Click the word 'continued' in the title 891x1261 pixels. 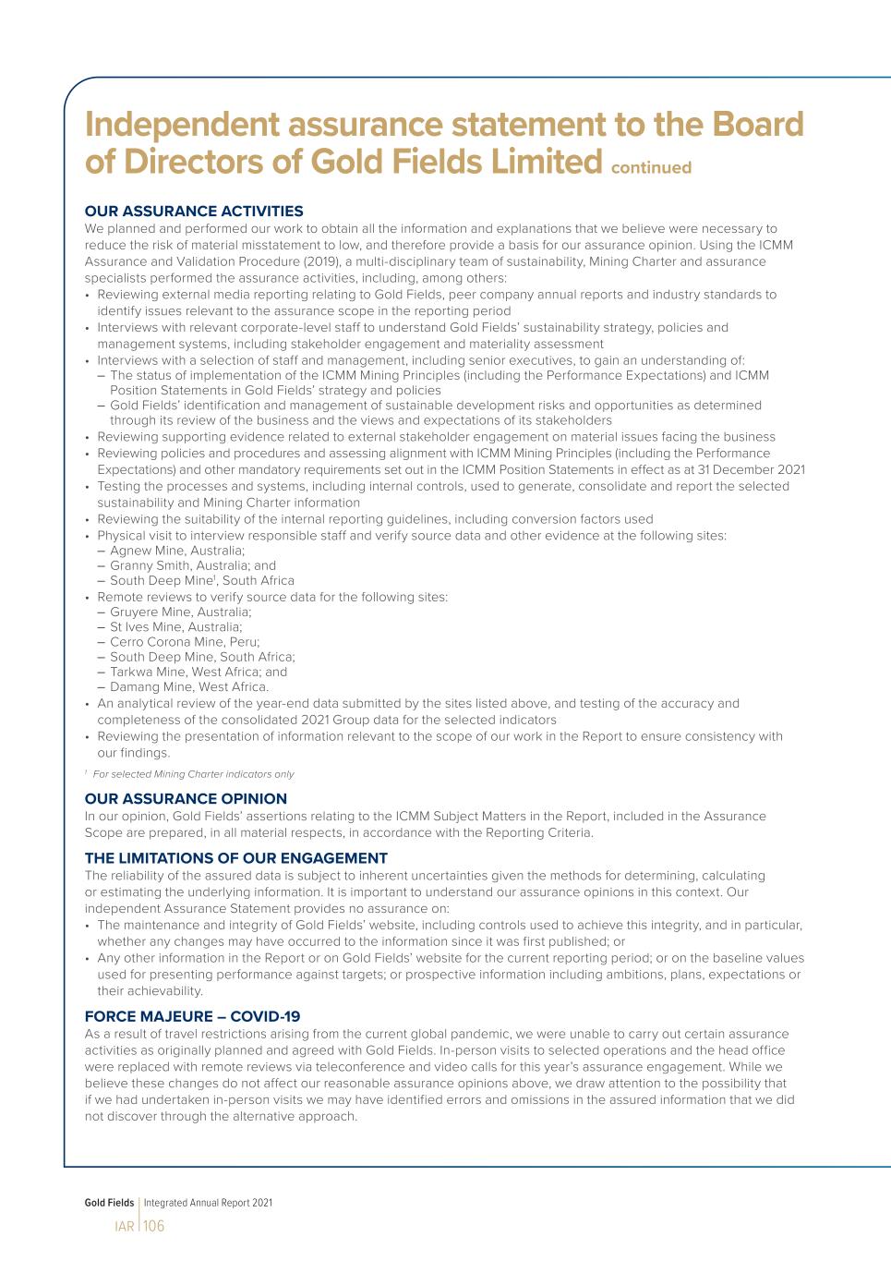(651, 168)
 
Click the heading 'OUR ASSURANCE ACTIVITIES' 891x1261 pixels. (194, 212)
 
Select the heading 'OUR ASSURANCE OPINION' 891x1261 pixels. (186, 799)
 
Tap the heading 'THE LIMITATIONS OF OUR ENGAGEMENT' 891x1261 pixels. (235, 858)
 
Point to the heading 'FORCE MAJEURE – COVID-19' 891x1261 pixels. (192, 1017)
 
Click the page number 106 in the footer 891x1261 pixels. (154, 1226)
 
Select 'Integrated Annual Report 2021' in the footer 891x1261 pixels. (208, 1203)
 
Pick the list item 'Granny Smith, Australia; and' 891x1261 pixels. (193, 565)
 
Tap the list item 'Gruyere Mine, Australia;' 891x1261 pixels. (180, 612)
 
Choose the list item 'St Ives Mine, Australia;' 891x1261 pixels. (175, 626)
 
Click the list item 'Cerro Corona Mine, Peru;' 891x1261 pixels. (185, 642)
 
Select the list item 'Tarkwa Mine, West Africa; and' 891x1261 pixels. (199, 672)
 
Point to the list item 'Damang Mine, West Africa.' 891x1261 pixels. (189, 686)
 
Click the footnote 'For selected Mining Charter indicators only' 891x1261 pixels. (193, 774)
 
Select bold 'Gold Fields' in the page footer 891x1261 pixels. (109, 1203)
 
